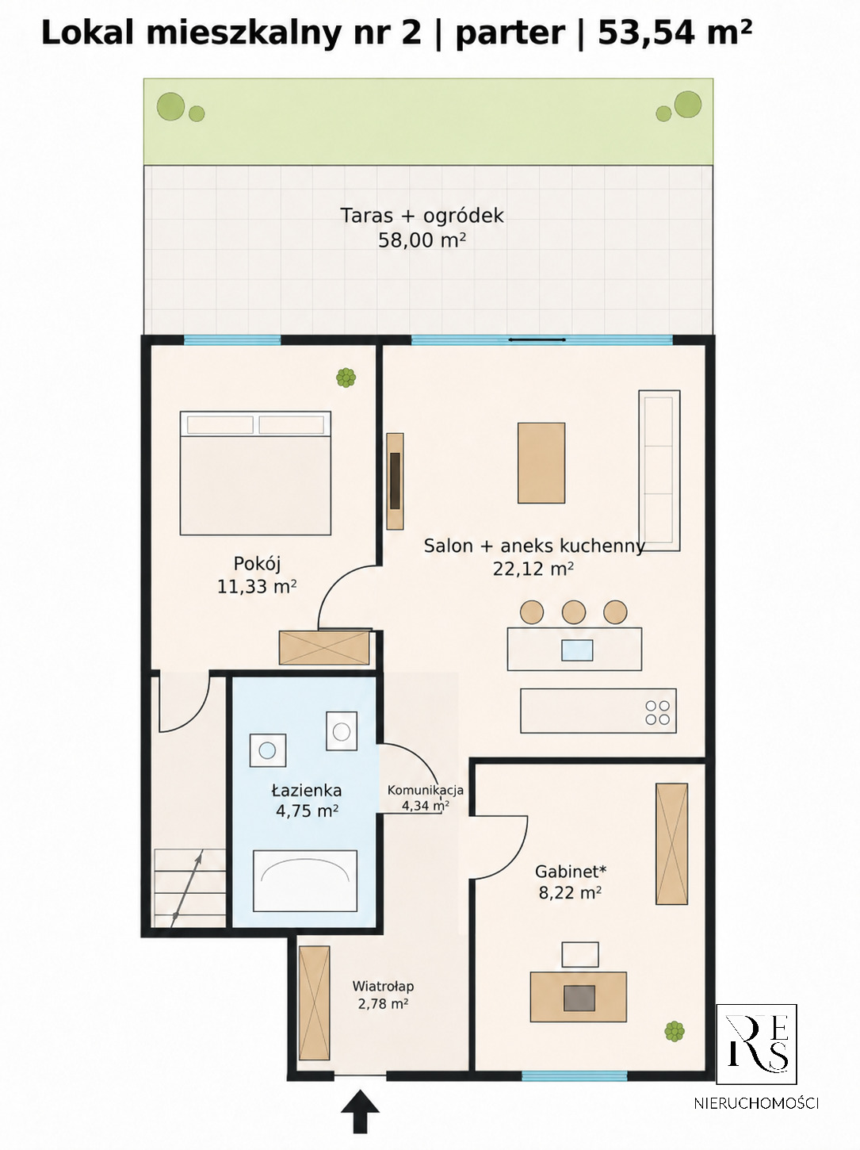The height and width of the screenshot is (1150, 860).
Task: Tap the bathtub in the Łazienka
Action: [305, 880]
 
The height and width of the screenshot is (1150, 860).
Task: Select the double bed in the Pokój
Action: [255, 473]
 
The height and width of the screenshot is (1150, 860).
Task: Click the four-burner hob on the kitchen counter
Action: [657, 712]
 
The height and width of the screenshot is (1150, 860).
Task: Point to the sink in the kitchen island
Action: [577, 650]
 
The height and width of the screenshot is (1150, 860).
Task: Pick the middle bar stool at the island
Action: [574, 612]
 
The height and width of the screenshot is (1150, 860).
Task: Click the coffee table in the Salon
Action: [541, 463]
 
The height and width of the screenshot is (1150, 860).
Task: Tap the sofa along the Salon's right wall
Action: [659, 470]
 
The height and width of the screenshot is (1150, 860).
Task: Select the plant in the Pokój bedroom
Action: [346, 378]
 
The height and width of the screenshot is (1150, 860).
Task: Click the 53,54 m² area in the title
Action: [675, 33]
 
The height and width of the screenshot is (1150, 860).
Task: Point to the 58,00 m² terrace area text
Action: [422, 240]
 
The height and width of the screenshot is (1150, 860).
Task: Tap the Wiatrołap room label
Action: [383, 986]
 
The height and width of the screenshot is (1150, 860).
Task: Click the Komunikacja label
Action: [426, 790]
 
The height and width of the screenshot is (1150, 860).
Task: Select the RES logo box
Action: [756, 1045]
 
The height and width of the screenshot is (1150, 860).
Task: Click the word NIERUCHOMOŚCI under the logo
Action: [756, 1103]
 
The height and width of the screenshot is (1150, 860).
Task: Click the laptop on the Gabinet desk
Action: [579, 999]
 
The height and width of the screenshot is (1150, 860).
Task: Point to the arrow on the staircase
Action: [187, 891]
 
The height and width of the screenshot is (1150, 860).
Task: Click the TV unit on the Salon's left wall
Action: [396, 481]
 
